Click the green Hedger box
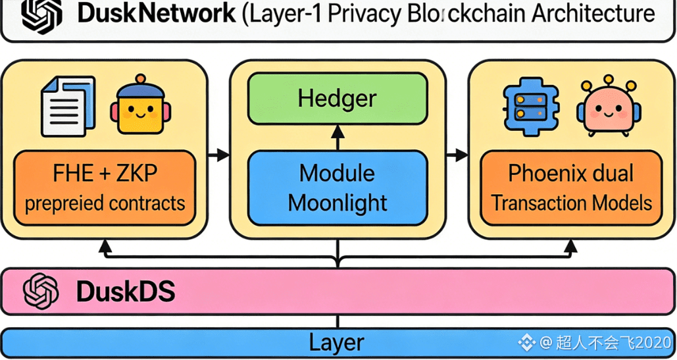coord(337,99)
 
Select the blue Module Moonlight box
coord(337,188)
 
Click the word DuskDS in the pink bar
coord(125,292)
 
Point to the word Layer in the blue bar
coord(337,342)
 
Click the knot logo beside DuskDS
coord(41,292)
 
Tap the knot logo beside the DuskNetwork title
coord(41,14)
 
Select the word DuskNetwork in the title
coord(155,14)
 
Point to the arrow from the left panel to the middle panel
coord(219,155)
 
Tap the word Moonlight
coord(338,203)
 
